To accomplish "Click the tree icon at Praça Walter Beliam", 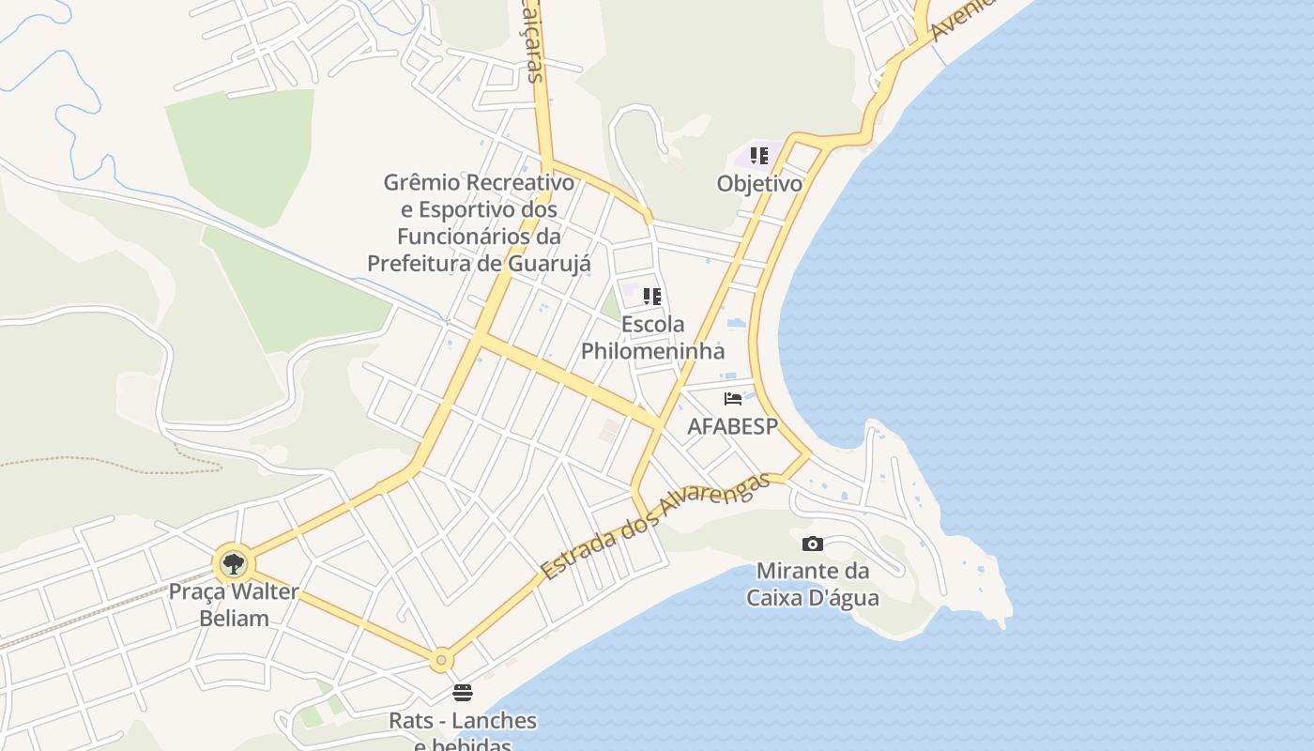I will click(233, 564).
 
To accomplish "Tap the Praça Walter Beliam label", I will click(234, 605).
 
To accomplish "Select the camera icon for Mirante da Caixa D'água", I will click(813, 544).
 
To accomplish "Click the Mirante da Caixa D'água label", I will click(813, 584).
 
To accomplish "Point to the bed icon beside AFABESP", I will click(733, 399).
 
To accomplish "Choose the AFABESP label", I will click(732, 426).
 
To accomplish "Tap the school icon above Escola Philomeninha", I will click(652, 297).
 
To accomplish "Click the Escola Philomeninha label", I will click(652, 338).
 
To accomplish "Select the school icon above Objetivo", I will click(759, 155).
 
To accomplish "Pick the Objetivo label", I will click(759, 183).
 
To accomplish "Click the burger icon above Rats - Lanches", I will click(463, 693).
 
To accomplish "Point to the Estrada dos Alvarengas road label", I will click(655, 527).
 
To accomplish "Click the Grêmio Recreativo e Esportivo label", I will click(479, 222).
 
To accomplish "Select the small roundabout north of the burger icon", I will click(441, 660).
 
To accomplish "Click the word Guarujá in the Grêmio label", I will click(549, 264).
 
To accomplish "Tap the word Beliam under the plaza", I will click(234, 619).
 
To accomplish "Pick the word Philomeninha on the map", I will click(652, 351).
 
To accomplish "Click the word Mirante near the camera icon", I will click(798, 571).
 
